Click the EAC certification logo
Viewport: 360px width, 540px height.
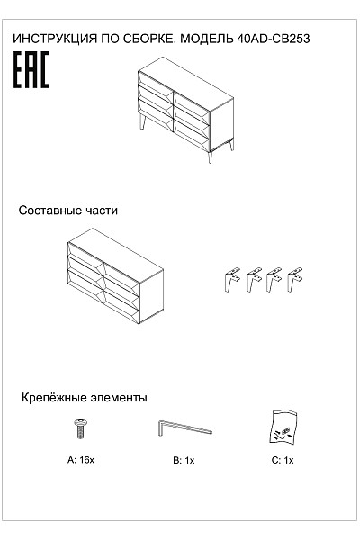tap(31, 70)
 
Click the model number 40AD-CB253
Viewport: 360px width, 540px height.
tap(274, 39)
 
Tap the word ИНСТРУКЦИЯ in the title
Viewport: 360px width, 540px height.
tap(55, 39)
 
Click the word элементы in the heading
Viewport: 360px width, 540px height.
tap(119, 398)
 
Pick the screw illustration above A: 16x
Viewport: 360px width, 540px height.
tap(81, 428)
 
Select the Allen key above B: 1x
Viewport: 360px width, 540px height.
tap(185, 427)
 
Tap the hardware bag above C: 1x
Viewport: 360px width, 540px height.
tap(283, 427)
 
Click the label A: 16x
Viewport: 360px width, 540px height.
tap(81, 460)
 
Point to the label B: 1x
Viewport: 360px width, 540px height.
tap(184, 460)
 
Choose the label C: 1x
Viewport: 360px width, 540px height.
tap(283, 460)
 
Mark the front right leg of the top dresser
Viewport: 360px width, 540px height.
tap(210, 157)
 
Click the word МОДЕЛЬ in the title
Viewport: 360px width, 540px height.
tap(206, 39)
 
